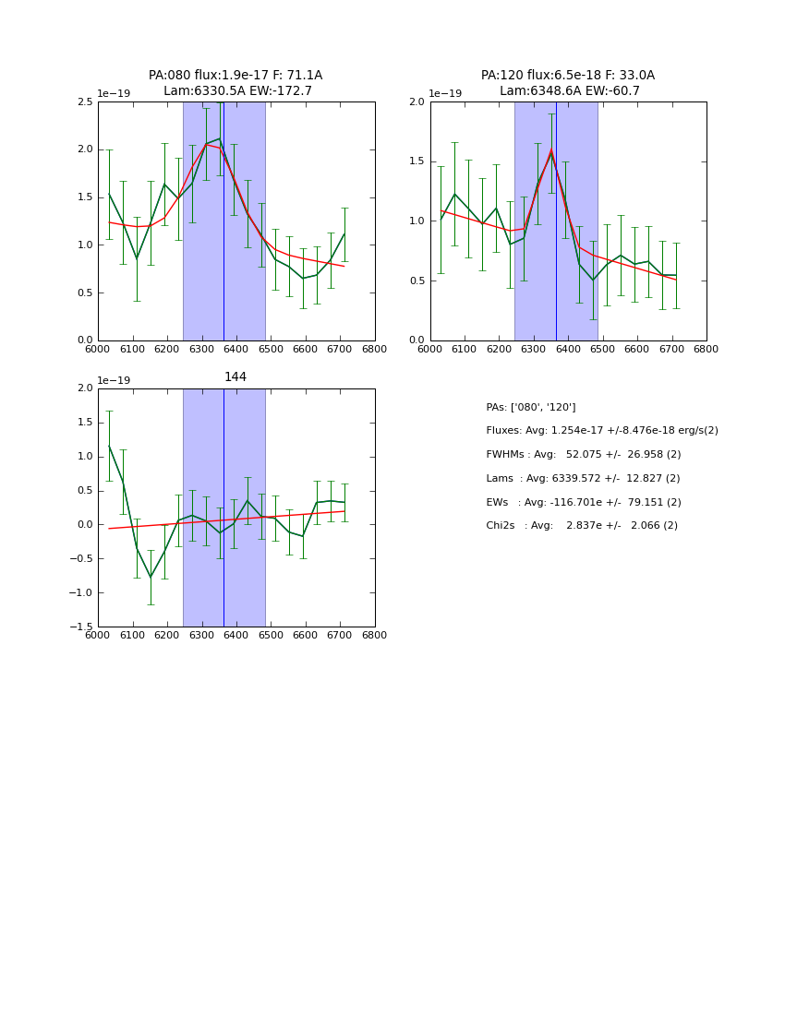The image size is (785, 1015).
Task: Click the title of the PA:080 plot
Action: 235,83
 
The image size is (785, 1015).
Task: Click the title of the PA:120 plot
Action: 568,83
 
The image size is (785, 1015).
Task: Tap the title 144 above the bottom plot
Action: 235,376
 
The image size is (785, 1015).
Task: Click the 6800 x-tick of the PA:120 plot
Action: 706,349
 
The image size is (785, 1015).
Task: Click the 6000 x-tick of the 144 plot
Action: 98,635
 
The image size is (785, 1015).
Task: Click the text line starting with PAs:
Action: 530,407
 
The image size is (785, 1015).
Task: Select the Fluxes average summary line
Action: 601,431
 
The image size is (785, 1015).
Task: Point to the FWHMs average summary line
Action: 583,455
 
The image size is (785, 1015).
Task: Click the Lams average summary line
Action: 583,479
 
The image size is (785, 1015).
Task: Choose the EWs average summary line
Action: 583,502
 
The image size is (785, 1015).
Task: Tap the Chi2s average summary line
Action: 582,526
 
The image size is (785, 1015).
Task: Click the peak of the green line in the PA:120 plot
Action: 551,151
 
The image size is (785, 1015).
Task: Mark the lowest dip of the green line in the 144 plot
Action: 151,578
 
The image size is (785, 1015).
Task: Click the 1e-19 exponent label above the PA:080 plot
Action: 114,93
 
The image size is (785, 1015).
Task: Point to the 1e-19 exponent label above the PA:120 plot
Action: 445,93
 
